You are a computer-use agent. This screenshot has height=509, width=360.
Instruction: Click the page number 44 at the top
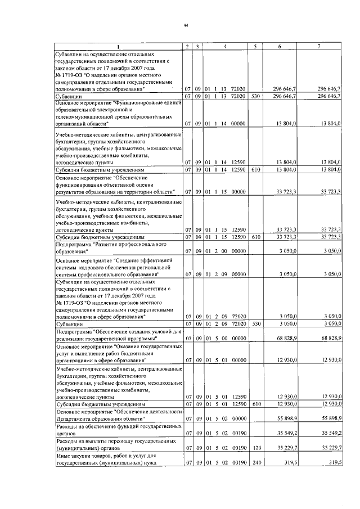(185, 25)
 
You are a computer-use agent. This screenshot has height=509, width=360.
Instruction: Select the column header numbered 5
(255, 46)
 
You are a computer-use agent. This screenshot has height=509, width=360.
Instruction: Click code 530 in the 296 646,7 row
(255, 97)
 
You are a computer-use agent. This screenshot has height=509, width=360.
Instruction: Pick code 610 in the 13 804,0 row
(255, 169)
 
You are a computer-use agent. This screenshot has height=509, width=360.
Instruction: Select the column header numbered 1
(118, 46)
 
